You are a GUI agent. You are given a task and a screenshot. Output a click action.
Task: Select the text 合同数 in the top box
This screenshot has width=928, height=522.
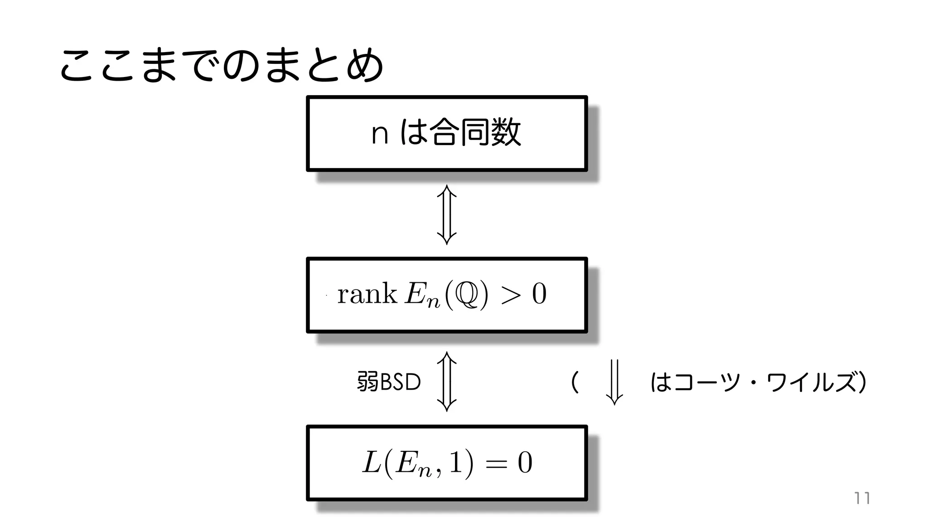pyautogui.click(x=475, y=132)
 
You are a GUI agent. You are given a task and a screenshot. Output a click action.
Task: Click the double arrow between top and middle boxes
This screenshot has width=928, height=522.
pyautogui.click(x=446, y=214)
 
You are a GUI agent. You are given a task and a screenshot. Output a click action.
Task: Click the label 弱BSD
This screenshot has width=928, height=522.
pyautogui.click(x=389, y=382)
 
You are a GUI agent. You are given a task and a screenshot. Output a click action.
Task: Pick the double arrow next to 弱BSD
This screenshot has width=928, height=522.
pyautogui.click(x=446, y=382)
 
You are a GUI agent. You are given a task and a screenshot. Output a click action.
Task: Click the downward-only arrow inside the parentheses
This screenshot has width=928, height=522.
pyautogui.click(x=614, y=382)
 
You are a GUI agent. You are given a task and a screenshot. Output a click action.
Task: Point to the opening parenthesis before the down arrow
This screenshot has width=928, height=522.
pyautogui.click(x=575, y=382)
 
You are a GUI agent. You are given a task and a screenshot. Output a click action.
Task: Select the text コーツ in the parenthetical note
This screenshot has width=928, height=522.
pyautogui.click(x=709, y=382)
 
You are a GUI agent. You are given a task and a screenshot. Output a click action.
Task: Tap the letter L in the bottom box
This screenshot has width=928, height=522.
pyautogui.click(x=372, y=463)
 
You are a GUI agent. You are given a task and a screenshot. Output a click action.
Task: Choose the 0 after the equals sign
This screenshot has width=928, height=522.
pyautogui.click(x=525, y=463)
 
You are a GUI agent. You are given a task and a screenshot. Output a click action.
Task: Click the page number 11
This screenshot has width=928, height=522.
pyautogui.click(x=862, y=498)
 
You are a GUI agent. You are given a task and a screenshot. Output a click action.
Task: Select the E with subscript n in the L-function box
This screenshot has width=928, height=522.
pyautogui.click(x=412, y=464)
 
